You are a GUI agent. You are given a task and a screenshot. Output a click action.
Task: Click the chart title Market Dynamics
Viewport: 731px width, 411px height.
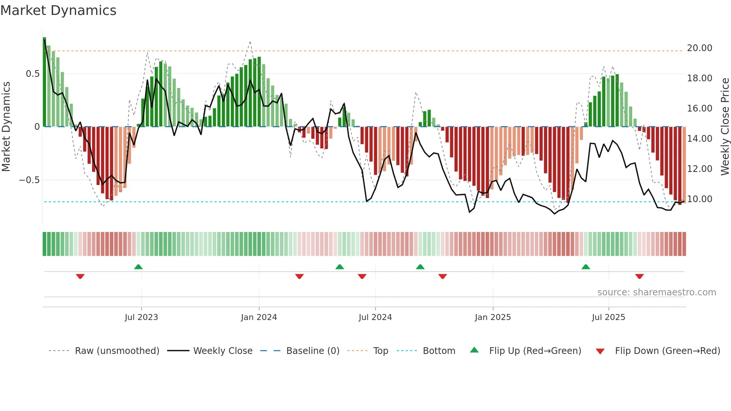[x=58, y=10]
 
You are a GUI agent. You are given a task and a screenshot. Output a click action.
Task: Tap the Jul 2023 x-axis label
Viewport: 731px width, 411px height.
[x=141, y=317]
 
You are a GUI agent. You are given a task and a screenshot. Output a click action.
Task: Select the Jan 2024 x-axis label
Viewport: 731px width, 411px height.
[x=259, y=317]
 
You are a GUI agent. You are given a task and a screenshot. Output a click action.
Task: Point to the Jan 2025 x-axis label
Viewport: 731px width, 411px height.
[x=493, y=317]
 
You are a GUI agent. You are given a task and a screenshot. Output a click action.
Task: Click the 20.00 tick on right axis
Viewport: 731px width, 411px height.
[x=699, y=48]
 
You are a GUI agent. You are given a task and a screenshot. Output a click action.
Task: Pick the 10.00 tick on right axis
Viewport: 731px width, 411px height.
[x=699, y=199]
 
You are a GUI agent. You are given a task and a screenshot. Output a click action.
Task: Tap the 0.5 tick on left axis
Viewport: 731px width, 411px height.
[x=32, y=74]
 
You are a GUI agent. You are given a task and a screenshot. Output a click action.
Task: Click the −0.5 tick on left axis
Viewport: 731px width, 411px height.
[x=29, y=180]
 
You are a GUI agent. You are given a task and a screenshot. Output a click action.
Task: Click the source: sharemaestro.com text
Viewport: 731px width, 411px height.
[x=656, y=292]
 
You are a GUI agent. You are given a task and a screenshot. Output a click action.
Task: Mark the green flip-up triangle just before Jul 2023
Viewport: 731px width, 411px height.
[x=138, y=267]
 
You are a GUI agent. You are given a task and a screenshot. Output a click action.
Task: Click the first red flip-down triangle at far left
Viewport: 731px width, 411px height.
[x=80, y=276]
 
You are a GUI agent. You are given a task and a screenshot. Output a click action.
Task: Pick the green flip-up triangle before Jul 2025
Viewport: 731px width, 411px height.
[x=586, y=267]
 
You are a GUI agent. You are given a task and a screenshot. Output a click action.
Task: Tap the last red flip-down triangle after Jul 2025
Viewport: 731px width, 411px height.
[x=639, y=276]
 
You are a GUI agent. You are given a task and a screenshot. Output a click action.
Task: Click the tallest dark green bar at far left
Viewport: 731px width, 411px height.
[x=44, y=82]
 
